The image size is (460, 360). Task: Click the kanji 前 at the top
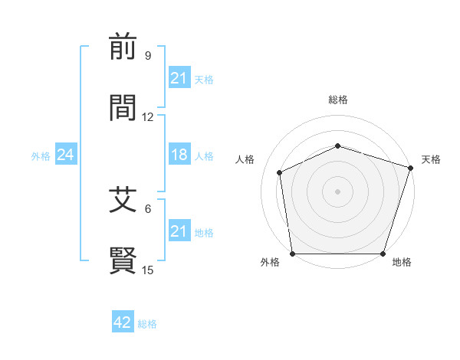click(x=123, y=47)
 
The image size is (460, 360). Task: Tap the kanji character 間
click(x=123, y=108)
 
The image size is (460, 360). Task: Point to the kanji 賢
click(x=123, y=260)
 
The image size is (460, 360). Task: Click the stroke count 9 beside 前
click(x=148, y=56)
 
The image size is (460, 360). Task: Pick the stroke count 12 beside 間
click(x=148, y=117)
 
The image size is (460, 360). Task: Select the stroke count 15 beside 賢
click(x=148, y=270)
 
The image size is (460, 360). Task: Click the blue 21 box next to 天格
click(x=179, y=78)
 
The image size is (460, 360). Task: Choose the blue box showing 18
click(x=179, y=155)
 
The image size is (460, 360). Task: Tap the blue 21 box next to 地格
click(x=179, y=231)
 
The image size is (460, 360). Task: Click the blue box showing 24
click(x=65, y=155)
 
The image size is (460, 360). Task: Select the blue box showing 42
click(x=122, y=322)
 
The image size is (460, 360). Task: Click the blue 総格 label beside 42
click(x=147, y=324)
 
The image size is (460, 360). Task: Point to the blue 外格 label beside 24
click(x=41, y=156)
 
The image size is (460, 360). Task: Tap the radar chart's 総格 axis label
click(x=337, y=100)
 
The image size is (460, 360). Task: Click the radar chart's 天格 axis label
click(x=431, y=159)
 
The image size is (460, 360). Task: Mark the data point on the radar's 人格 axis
click(x=280, y=172)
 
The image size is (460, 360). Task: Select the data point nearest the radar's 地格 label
click(x=383, y=254)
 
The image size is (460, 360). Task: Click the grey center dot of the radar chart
click(x=337, y=191)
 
